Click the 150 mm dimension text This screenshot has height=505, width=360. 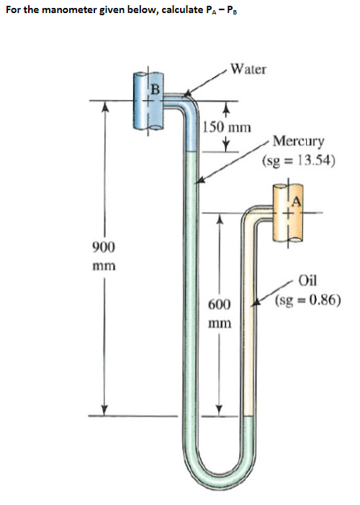tap(226, 128)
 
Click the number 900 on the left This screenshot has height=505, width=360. tap(105, 247)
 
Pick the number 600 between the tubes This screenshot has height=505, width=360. tap(220, 305)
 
